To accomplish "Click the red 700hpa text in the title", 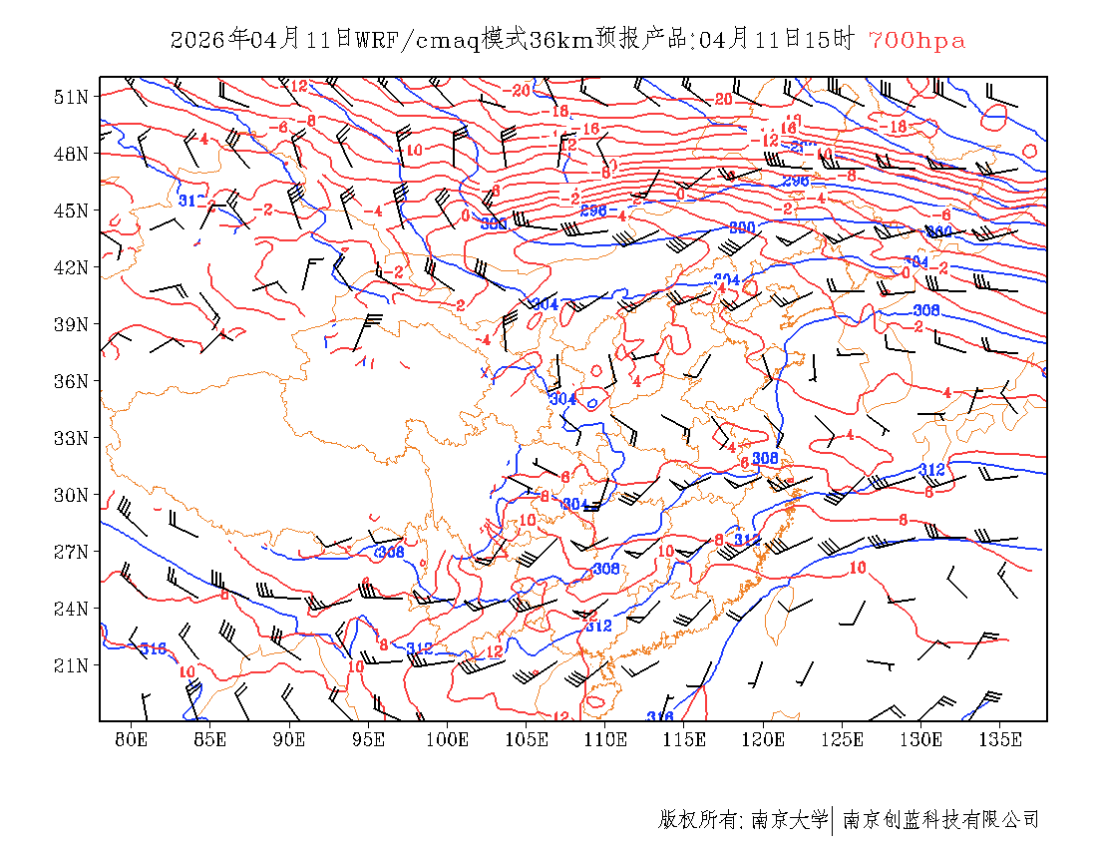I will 916,40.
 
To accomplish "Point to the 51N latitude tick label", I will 71,97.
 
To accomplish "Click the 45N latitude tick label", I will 71,211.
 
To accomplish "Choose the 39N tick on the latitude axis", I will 71,324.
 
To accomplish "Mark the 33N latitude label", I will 71,438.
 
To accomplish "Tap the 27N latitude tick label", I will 71,552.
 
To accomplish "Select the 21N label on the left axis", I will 71,665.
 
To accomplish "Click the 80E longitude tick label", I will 132,739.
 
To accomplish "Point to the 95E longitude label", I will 369,739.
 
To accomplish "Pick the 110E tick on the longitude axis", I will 605,739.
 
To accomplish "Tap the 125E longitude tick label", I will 843,739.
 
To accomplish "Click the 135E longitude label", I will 1000,739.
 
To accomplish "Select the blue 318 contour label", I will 153,649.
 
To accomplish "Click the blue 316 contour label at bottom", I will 659,716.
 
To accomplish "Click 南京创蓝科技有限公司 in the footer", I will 940,820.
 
